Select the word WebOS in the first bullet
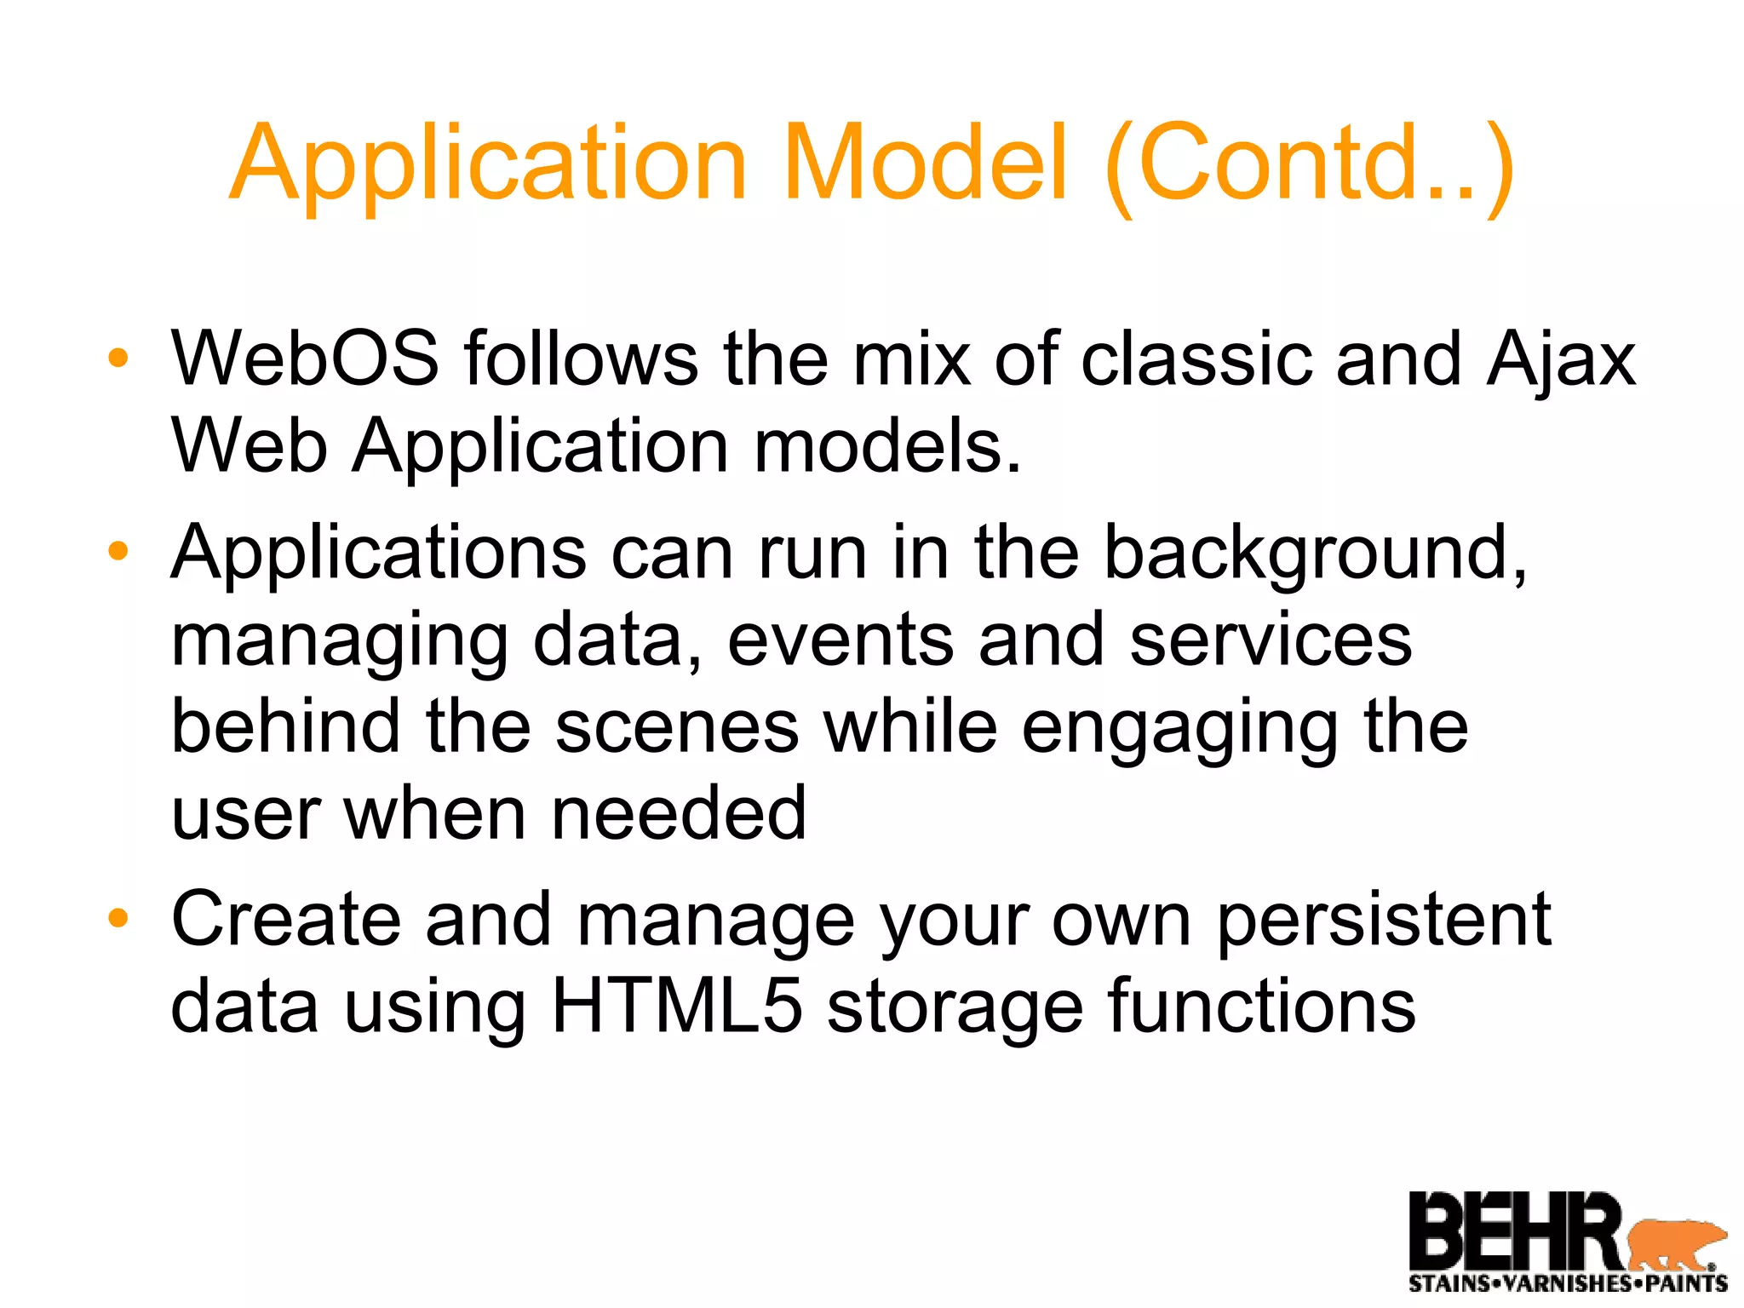tap(305, 359)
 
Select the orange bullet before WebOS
tap(118, 359)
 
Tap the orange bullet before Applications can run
tap(118, 551)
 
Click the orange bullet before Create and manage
tap(118, 918)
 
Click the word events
tap(840, 640)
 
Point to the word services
tap(1271, 640)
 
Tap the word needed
tap(679, 813)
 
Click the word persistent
tap(1384, 921)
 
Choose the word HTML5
tap(677, 1007)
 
